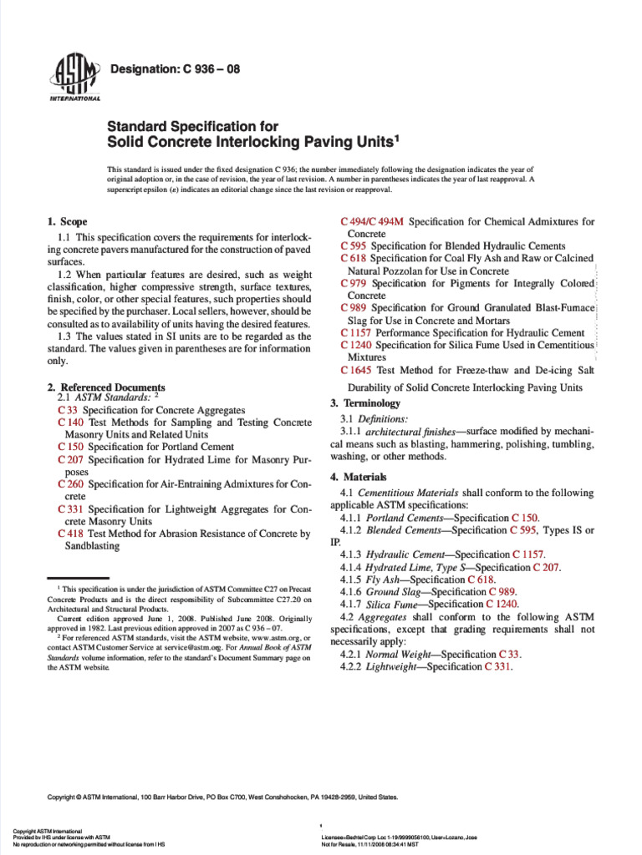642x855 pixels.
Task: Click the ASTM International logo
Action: pos(74,80)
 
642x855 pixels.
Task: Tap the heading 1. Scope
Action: pos(68,222)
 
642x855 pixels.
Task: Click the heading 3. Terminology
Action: pos(359,403)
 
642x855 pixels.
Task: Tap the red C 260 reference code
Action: pos(71,483)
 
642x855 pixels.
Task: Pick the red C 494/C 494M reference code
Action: pos(373,222)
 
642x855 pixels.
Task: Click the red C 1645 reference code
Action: pos(356,369)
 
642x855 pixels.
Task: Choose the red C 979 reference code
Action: pos(354,284)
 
